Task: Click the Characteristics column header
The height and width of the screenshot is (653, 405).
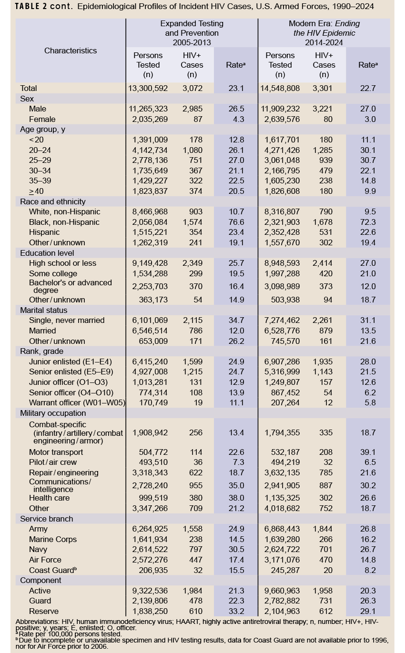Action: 71,50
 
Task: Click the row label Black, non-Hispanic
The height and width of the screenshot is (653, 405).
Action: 64,222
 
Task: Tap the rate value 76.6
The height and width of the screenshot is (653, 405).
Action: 236,222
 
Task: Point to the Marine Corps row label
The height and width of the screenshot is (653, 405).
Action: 53,539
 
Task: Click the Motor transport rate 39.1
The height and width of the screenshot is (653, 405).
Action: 369,452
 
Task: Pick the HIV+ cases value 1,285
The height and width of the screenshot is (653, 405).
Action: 323,150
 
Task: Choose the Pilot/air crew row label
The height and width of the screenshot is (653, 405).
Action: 53,462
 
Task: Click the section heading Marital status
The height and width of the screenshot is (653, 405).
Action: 44,310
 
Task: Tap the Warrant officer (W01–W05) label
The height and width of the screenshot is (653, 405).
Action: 77,402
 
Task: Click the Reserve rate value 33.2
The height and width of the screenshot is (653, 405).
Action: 236,611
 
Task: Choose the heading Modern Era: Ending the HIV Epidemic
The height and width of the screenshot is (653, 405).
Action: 324,33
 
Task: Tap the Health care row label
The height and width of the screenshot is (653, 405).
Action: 50,498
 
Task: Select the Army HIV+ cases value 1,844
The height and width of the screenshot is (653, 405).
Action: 323,529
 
